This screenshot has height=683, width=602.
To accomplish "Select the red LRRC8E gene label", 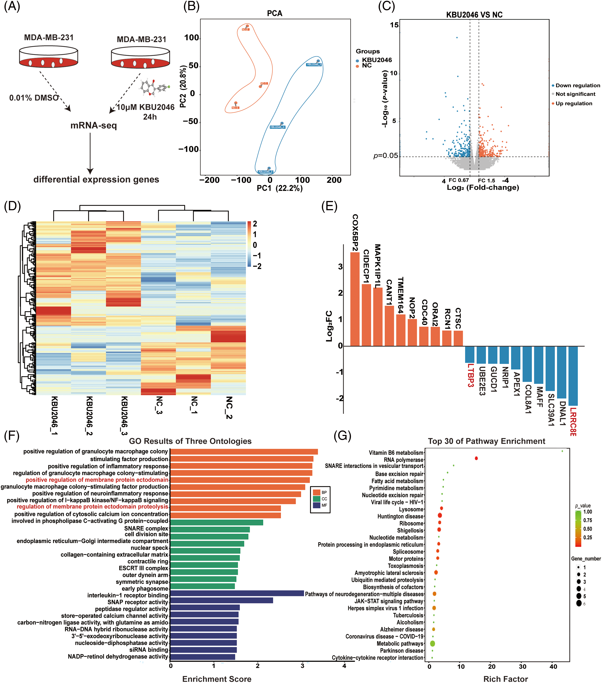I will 573,422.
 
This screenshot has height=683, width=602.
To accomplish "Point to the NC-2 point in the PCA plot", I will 247,26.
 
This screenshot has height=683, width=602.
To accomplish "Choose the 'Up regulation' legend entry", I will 574,104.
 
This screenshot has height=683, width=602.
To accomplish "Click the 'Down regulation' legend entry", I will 577,86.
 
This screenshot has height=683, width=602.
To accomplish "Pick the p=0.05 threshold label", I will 385,156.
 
